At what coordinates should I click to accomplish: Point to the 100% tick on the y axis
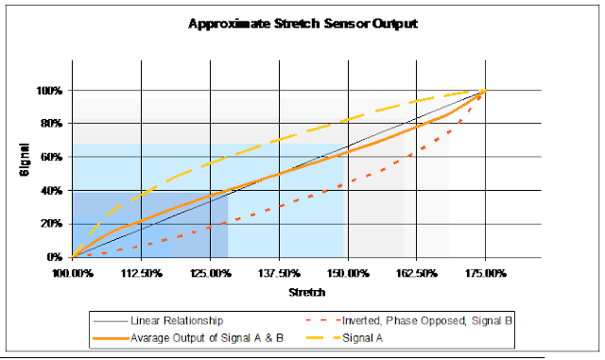tap(51, 91)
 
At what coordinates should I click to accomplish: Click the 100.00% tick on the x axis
tap(73, 273)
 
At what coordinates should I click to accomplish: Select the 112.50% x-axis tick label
tap(142, 273)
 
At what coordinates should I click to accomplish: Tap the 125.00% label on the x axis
tap(211, 273)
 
